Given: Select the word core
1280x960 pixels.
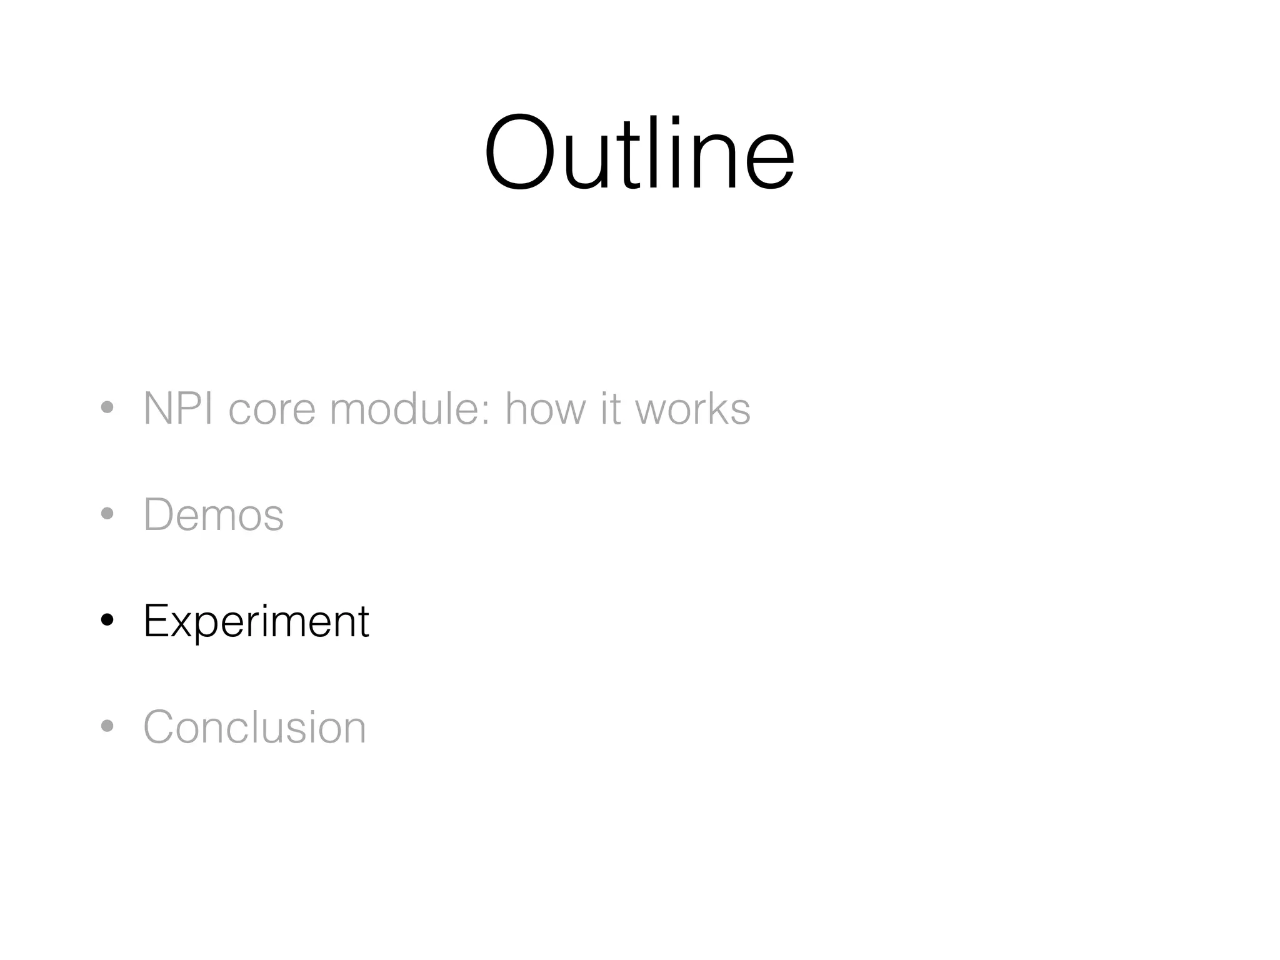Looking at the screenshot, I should pyautogui.click(x=272, y=409).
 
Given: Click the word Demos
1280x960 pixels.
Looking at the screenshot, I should pyautogui.click(x=214, y=514).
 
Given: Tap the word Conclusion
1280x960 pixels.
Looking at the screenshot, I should pyautogui.click(x=255, y=727).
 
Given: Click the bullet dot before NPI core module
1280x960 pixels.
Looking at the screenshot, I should pyautogui.click(x=107, y=408).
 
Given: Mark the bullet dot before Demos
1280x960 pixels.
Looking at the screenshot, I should pyautogui.click(x=107, y=514).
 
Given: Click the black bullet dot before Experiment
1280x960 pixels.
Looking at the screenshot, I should pyautogui.click(x=107, y=620).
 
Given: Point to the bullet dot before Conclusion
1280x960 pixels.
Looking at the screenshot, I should pyautogui.click(x=107, y=726).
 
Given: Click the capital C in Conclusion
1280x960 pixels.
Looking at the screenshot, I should pyautogui.click(x=161, y=727).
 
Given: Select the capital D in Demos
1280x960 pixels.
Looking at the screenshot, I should pyautogui.click(x=160, y=514).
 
